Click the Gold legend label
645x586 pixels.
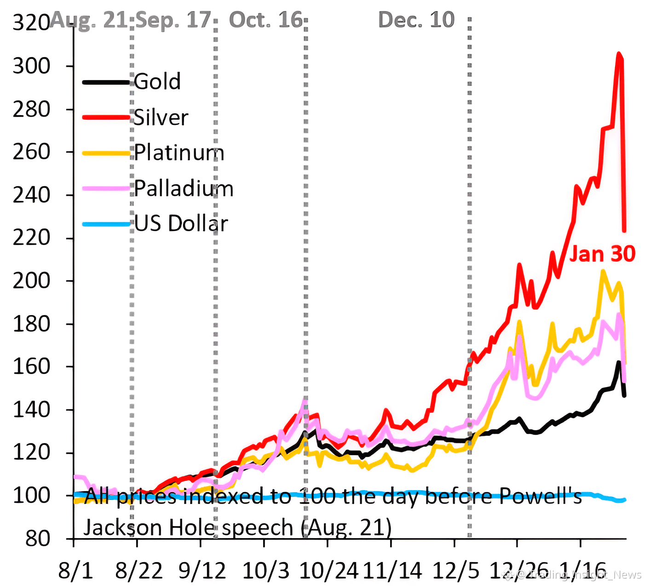tap(157, 82)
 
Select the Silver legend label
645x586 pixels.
tap(161, 117)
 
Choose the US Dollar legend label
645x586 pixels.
tap(181, 223)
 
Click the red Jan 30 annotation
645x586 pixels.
tap(602, 254)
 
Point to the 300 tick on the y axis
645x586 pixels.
tap(31, 66)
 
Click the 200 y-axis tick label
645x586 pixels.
tap(31, 281)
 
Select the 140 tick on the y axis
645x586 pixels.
tap(31, 410)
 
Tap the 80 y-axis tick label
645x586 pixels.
tap(38, 538)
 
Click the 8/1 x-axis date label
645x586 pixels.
tap(75, 571)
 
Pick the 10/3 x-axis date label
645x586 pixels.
tap(265, 571)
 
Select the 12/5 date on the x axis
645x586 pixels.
tap(456, 571)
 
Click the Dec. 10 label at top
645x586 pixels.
tap(416, 20)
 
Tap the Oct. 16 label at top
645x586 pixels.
tap(266, 20)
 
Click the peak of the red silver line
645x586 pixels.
tap(619, 53)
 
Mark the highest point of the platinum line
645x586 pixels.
tap(603, 271)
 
